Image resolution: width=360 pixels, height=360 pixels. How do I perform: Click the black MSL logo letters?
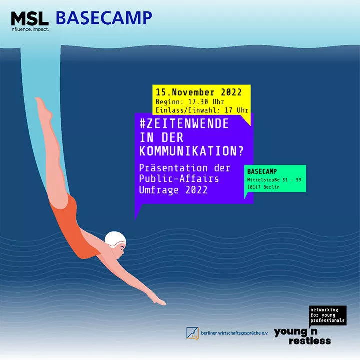pos(30,19)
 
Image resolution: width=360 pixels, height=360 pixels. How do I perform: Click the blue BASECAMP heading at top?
pos(104,18)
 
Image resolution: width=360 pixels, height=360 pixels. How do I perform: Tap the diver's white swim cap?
pos(115,239)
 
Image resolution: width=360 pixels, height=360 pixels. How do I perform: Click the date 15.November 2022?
pos(199,92)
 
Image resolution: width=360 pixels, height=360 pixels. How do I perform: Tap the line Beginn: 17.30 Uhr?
pos(190,102)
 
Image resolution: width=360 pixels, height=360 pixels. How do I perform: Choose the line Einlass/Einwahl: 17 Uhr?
pos(202,110)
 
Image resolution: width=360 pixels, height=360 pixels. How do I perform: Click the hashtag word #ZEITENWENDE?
pos(184,124)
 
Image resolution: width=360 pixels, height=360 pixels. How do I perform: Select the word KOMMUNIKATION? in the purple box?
pos(191,151)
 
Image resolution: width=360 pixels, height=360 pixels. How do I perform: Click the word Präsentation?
pos(173,168)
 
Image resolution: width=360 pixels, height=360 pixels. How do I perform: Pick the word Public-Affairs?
pos(179,179)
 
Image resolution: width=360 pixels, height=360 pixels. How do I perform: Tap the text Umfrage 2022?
pos(173,190)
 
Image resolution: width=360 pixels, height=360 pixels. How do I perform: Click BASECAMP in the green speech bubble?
pos(262,171)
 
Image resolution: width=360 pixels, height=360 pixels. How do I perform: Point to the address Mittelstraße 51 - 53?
pos(274,180)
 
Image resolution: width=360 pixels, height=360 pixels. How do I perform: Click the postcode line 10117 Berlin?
pos(263,187)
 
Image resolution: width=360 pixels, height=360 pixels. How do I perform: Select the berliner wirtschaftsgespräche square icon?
pos(193,333)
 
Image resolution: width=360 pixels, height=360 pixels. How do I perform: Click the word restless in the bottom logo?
pos(310,341)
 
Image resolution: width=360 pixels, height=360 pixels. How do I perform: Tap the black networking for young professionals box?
pos(328,315)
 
